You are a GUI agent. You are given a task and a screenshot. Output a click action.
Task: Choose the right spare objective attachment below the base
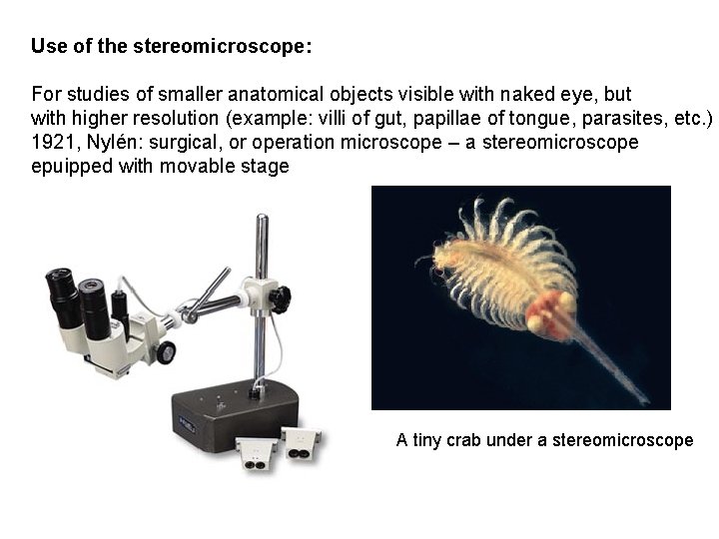point(300,442)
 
